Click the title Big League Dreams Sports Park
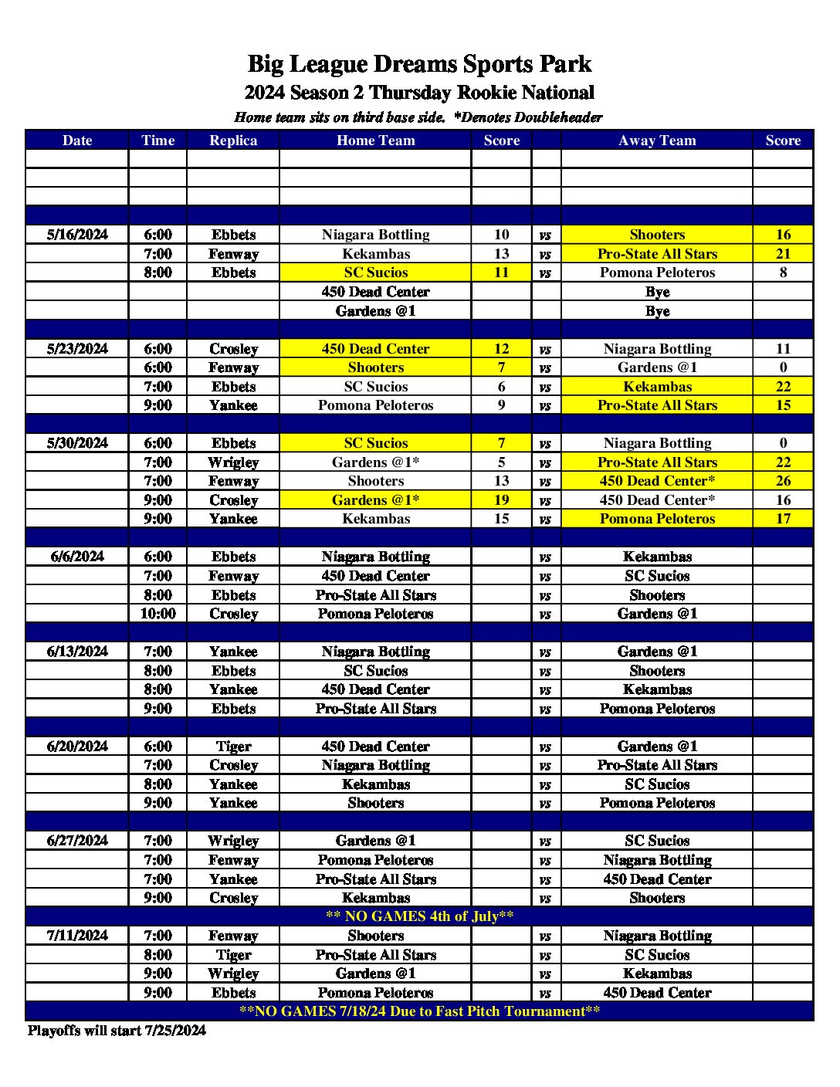[x=419, y=64]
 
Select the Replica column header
[x=233, y=141]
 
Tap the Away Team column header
[x=657, y=141]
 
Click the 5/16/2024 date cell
[x=77, y=235]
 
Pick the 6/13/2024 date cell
[x=77, y=652]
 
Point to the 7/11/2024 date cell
[x=77, y=936]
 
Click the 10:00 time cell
[x=157, y=614]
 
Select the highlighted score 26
[x=783, y=481]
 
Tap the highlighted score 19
[x=501, y=500]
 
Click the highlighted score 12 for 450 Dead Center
[x=501, y=349]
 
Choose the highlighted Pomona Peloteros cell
[x=657, y=519]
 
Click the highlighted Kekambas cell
[x=657, y=387]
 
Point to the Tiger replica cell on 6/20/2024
[x=233, y=747]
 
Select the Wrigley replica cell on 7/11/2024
[x=233, y=974]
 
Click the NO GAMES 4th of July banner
[x=419, y=916]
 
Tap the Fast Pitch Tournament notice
[x=419, y=1011]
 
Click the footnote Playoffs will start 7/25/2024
[x=117, y=1031]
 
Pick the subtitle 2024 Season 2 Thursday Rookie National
[x=419, y=93]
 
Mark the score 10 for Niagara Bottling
[x=501, y=235]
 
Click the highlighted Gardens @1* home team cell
[x=375, y=500]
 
